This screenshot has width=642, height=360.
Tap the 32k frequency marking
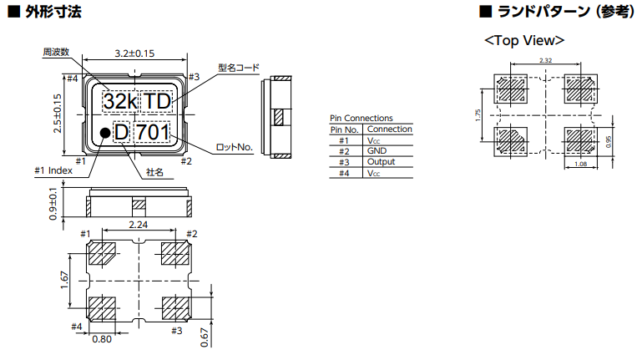click(x=119, y=101)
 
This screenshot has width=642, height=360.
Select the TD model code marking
click(x=158, y=101)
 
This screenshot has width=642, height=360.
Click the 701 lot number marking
click(x=153, y=132)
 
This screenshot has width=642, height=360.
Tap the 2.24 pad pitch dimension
click(x=139, y=225)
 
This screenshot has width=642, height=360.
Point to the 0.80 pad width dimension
click(x=102, y=339)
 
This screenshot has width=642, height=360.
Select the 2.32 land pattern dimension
click(x=546, y=60)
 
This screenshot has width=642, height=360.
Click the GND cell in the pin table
click(x=377, y=151)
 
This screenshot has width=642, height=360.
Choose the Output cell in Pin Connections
click(x=381, y=162)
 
